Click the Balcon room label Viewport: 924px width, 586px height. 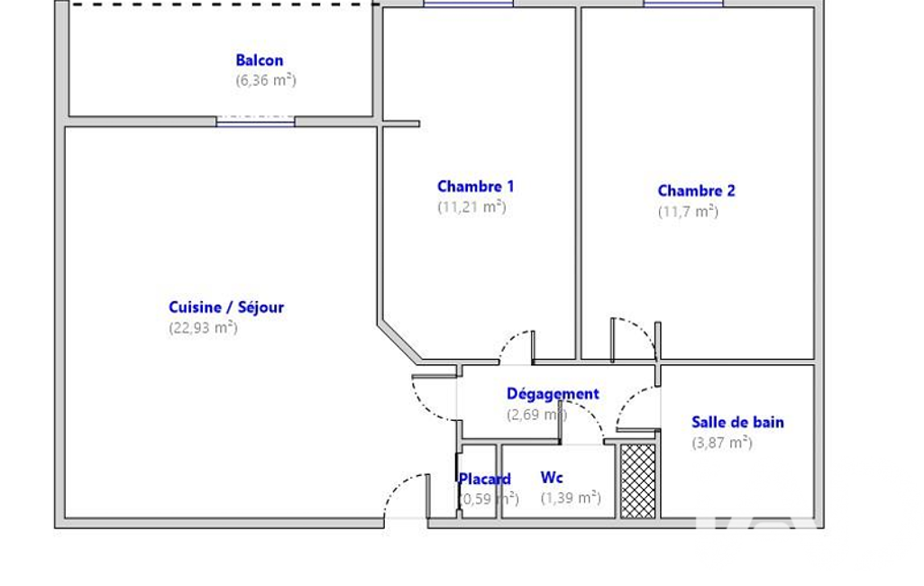[260, 60]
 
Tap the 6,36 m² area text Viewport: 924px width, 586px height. [266, 80]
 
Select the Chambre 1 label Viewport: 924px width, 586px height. [476, 187]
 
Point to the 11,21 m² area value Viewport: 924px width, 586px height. [471, 207]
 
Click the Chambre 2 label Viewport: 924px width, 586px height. [697, 191]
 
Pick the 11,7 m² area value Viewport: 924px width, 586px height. [689, 211]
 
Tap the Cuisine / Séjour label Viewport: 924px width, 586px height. [226, 307]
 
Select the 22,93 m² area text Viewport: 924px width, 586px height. [204, 327]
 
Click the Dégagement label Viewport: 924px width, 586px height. [553, 394]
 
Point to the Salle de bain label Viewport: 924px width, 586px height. [737, 422]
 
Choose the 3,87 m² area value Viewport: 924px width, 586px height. [722, 442]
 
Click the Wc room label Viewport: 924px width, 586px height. [552, 478]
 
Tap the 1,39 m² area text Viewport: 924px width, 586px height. [571, 498]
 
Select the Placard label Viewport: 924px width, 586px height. [484, 479]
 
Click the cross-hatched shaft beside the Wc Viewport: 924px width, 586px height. [637, 481]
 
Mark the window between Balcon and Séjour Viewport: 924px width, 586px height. [255, 122]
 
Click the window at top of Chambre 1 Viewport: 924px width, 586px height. [469, 4]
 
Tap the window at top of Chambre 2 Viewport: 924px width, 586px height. [683, 4]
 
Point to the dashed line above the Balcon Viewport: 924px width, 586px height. [224, 5]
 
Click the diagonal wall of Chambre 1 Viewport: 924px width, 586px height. [399, 342]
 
